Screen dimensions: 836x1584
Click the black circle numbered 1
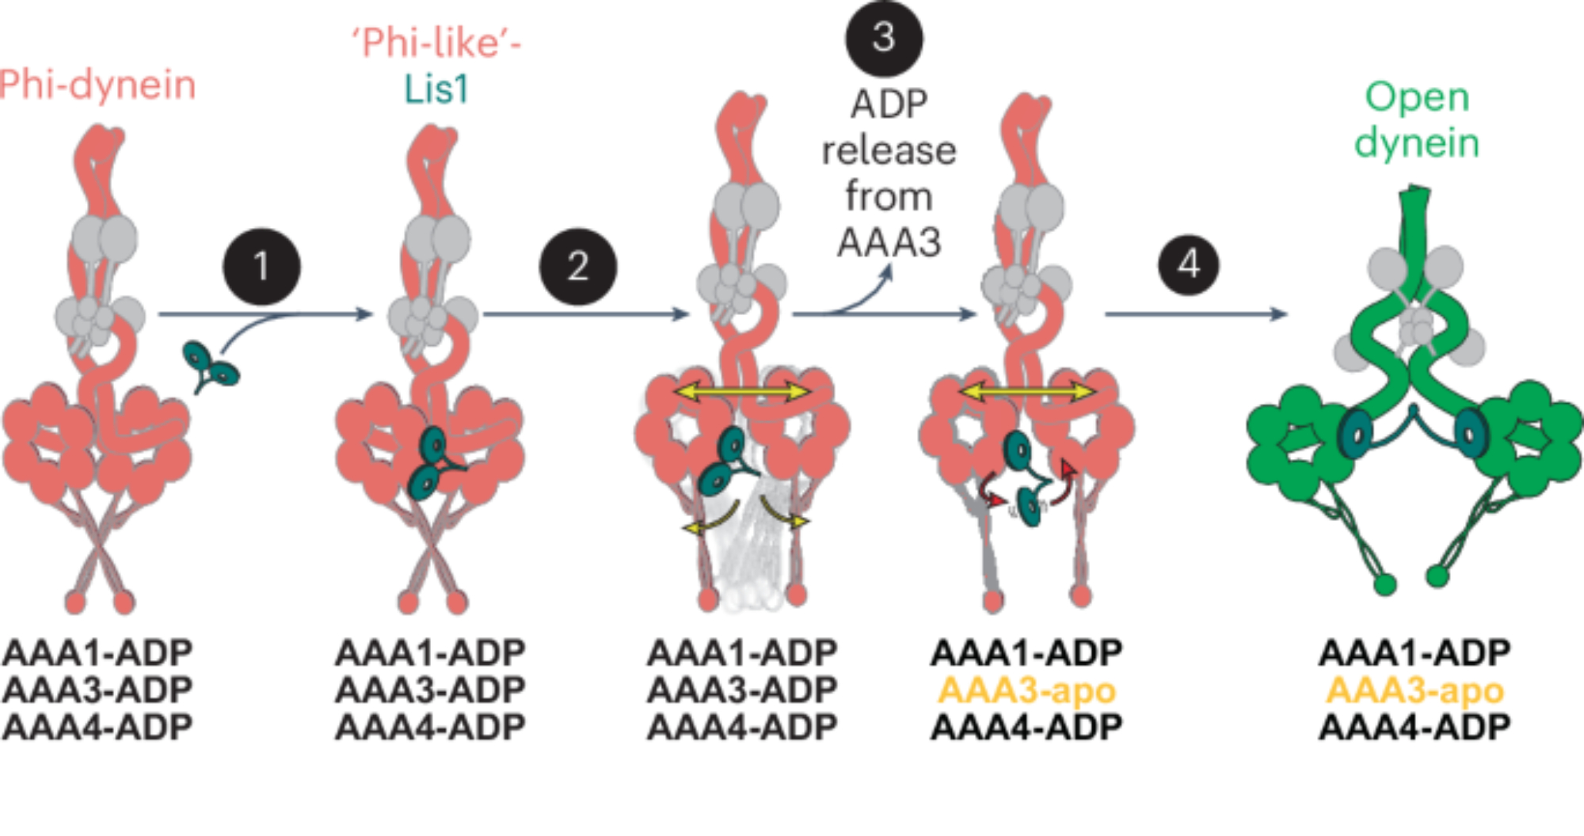pyautogui.click(x=261, y=267)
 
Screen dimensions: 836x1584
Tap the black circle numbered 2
pyautogui.click(x=577, y=267)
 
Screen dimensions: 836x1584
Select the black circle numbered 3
pyautogui.click(x=884, y=38)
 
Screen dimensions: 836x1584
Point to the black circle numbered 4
pyautogui.click(x=1188, y=264)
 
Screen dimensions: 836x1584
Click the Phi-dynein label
pyautogui.click(x=97, y=85)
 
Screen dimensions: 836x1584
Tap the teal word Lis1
pyautogui.click(x=436, y=89)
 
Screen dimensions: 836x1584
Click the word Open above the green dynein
pyautogui.click(x=1417, y=98)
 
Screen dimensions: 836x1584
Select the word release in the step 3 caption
pyautogui.click(x=889, y=150)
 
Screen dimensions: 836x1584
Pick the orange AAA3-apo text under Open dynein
pyautogui.click(x=1415, y=690)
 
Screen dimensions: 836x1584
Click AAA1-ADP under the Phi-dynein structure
pyautogui.click(x=97, y=653)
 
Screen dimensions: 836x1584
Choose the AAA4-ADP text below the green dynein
pyautogui.click(x=1415, y=727)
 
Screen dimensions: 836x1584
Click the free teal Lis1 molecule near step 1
pyautogui.click(x=211, y=367)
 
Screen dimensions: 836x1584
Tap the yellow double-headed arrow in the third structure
pyautogui.click(x=742, y=391)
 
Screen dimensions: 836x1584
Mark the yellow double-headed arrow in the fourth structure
pyautogui.click(x=1027, y=391)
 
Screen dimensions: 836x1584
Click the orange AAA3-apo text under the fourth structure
pyautogui.click(x=1026, y=690)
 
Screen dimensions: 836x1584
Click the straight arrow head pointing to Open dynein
pyautogui.click(x=1279, y=314)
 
